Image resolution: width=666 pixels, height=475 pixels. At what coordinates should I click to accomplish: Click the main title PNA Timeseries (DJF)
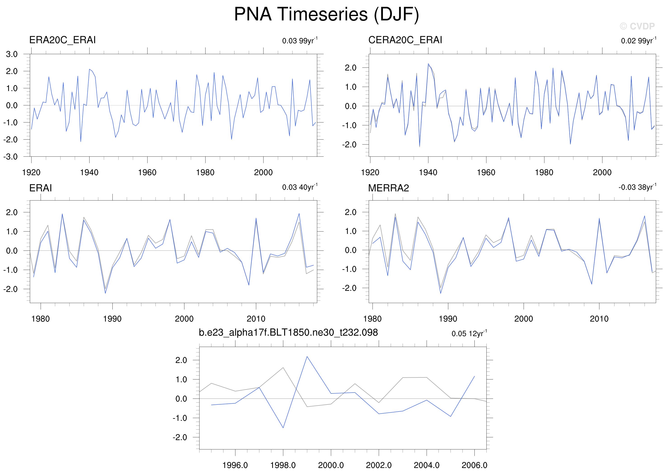coord(326,14)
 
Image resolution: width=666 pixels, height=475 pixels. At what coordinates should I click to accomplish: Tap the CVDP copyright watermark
coord(637,26)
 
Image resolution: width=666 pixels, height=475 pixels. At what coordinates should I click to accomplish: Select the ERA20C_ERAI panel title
coord(62,40)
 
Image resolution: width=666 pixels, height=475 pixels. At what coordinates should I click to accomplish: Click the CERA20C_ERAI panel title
coord(405,40)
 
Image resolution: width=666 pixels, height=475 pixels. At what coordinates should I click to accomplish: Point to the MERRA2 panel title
coord(388,188)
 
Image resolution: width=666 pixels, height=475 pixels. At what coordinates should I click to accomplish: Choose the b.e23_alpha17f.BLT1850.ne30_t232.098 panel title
coord(288,332)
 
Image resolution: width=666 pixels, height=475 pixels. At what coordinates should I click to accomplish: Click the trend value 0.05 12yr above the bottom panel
coord(469,333)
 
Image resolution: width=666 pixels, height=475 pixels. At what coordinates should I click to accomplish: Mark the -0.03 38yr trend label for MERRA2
coord(637,187)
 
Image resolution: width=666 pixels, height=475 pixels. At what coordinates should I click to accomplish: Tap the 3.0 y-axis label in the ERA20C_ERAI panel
coord(12,54)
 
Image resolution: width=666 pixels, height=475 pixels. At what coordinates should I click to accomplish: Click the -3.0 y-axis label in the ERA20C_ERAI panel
coord(11,157)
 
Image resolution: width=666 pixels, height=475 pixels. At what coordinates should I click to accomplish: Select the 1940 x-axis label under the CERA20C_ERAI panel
coord(428,173)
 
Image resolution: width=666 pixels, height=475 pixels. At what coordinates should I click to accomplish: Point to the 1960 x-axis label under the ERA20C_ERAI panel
coord(147,173)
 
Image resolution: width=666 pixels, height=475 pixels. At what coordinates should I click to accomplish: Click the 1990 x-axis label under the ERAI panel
coord(112,319)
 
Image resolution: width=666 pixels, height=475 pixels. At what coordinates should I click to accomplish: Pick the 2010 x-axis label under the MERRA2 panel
coord(599,319)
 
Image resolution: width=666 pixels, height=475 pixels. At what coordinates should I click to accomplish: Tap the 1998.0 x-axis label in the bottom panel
coord(283,465)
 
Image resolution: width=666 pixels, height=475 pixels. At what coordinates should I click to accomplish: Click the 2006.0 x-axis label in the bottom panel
coord(474,465)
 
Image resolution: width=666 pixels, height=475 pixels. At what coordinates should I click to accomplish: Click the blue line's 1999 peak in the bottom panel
coord(307,357)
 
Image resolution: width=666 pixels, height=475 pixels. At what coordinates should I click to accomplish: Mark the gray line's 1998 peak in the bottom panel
coord(283,368)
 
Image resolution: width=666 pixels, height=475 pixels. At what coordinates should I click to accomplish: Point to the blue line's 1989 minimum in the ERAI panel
coord(105,293)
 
